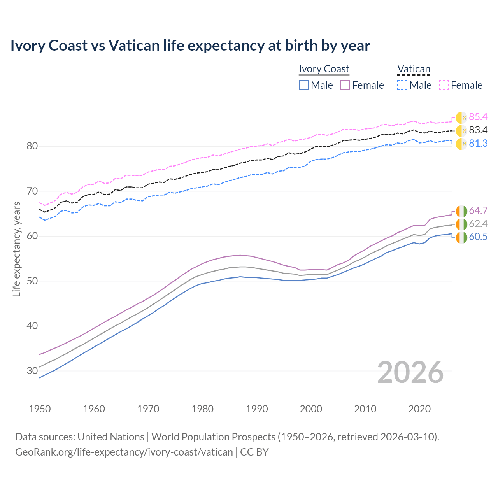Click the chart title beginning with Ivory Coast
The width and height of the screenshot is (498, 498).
tap(190, 46)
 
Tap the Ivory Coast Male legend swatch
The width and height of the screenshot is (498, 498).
tap(304, 85)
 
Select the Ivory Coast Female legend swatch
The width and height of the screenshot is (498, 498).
tap(345, 85)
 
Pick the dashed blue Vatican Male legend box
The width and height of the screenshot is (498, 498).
tap(402, 85)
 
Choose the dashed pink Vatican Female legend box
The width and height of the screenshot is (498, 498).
tap(444, 85)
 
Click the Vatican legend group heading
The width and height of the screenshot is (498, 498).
tap(414, 69)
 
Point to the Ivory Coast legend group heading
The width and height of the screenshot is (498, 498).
tap(324, 69)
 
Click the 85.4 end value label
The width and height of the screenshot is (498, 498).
tap(478, 117)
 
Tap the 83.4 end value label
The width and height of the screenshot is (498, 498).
tap(478, 130)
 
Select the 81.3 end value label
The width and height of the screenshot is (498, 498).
tap(478, 143)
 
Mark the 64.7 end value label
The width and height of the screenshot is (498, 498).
tap(478, 210)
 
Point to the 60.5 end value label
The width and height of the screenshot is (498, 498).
tap(478, 237)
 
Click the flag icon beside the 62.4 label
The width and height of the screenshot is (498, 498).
tap(461, 224)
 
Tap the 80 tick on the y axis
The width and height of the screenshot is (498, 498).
tap(32, 146)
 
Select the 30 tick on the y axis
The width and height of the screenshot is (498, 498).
tap(32, 371)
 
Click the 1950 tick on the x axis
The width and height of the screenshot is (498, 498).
tap(40, 409)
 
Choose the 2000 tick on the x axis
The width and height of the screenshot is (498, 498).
tap(311, 409)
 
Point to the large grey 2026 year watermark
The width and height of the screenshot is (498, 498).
tap(410, 372)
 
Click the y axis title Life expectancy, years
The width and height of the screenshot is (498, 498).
tap(16, 249)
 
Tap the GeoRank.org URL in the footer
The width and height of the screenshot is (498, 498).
tap(124, 452)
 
